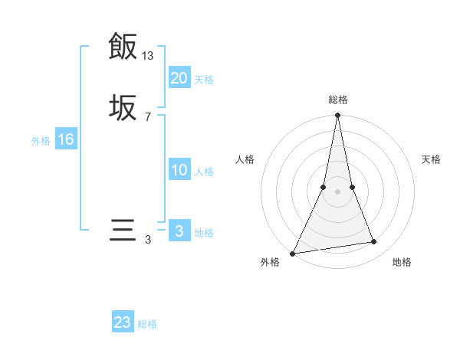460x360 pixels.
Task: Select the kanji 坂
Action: [x=123, y=107]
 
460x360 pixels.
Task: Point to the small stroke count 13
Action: [x=148, y=56]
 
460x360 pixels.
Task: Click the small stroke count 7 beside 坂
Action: [x=148, y=117]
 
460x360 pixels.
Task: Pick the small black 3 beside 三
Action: [x=148, y=240]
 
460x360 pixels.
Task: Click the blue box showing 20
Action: [x=179, y=77]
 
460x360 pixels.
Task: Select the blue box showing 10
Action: [x=179, y=170]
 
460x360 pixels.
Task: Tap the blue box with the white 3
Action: [x=179, y=231]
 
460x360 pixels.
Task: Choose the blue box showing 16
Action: [x=66, y=139]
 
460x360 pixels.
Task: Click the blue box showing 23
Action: [x=123, y=322]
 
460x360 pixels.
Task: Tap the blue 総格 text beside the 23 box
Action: [x=148, y=324]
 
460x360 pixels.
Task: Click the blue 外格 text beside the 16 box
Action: [x=41, y=141]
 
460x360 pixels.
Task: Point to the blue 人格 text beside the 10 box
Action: [x=205, y=172]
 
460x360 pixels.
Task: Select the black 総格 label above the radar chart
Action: [x=337, y=100]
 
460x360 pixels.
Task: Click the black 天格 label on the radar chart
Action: [x=431, y=159]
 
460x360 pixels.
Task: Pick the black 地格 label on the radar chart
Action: [x=402, y=263]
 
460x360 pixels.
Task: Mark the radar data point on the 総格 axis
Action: [x=337, y=116]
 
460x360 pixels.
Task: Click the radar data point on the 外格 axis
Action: [x=293, y=253]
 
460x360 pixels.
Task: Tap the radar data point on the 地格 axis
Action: [x=374, y=242]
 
